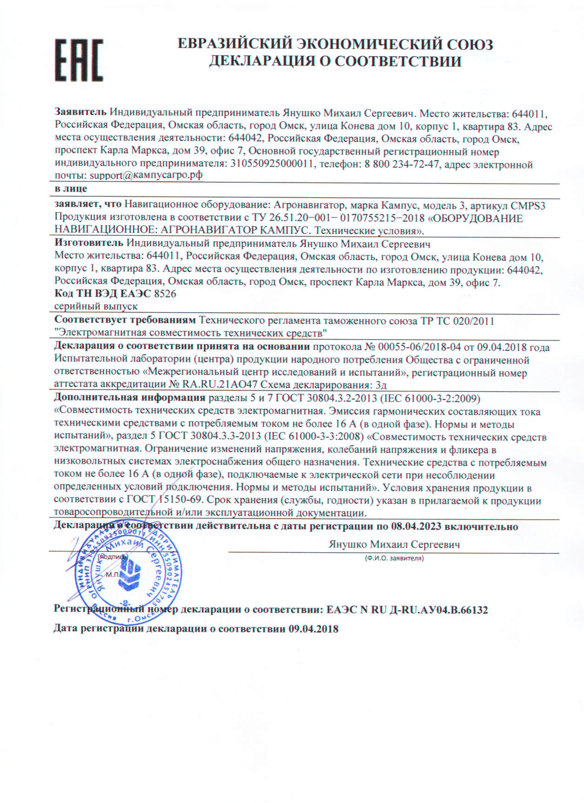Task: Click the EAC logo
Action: [x=79, y=60]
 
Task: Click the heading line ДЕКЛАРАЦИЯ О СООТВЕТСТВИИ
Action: [x=335, y=61]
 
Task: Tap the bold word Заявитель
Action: [x=81, y=113]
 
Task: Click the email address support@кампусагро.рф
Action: [x=146, y=175]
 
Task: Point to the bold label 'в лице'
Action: [x=71, y=189]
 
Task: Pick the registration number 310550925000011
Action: [x=272, y=164]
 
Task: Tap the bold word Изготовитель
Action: [x=89, y=243]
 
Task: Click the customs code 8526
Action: [x=165, y=294]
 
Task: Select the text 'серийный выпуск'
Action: [x=96, y=307]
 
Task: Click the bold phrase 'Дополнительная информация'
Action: [x=130, y=398]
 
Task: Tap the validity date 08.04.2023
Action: [x=416, y=527]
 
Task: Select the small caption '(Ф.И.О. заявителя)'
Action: [x=394, y=558]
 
